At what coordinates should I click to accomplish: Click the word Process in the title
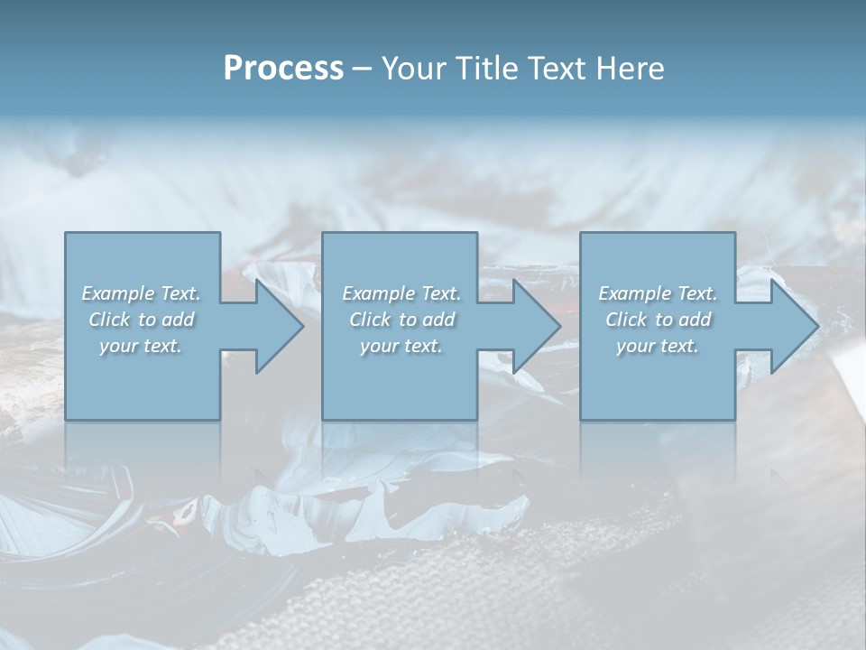[x=283, y=69]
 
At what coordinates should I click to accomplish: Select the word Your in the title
[x=410, y=69]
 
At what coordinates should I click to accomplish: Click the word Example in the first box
[x=118, y=293]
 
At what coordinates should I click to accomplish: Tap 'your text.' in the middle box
[x=401, y=346]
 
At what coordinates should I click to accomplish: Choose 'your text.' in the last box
[x=657, y=346]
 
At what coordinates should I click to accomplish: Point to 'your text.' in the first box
[x=140, y=346]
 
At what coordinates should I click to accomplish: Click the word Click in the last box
[x=626, y=320]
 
